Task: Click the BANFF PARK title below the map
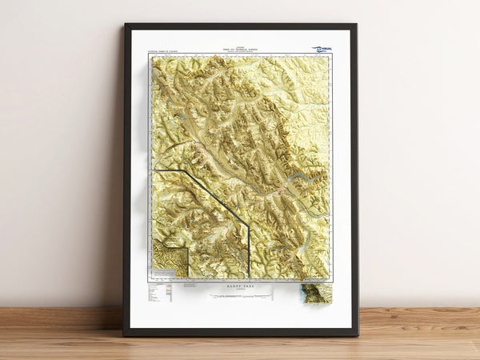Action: (x=241, y=286)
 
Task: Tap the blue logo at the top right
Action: (x=322, y=49)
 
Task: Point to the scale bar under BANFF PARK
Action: (x=241, y=295)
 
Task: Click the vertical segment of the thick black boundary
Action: (x=249, y=252)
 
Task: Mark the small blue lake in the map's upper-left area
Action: (x=183, y=117)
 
